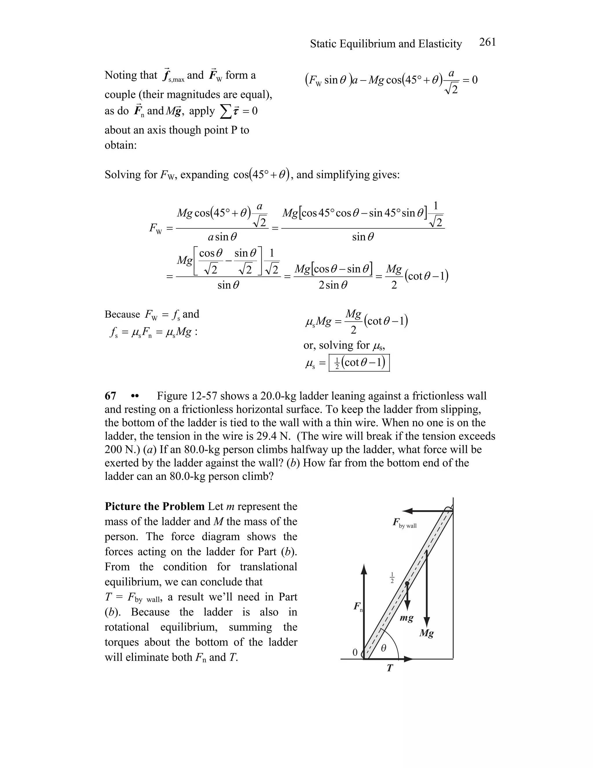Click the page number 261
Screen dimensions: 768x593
pos(487,42)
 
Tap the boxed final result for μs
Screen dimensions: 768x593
pos(359,363)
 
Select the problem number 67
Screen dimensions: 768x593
pos(110,396)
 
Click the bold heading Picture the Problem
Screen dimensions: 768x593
pos(154,506)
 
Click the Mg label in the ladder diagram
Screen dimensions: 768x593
pos(426,633)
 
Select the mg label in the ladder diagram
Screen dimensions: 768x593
pos(407,618)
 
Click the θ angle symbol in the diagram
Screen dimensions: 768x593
pos(383,648)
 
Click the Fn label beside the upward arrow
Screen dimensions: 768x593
pos(358,607)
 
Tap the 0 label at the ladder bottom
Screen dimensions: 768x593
pos(355,652)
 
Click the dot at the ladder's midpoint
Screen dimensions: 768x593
pos(407,583)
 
